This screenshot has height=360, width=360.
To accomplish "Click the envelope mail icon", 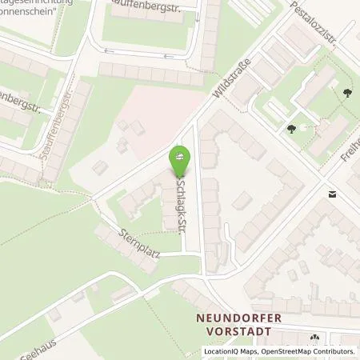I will (332, 194).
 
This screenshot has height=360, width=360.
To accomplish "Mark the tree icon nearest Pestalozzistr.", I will (346, 94).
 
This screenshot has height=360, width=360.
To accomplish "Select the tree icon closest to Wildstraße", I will (290, 127).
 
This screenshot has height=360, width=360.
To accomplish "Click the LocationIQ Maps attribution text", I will (232, 351).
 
